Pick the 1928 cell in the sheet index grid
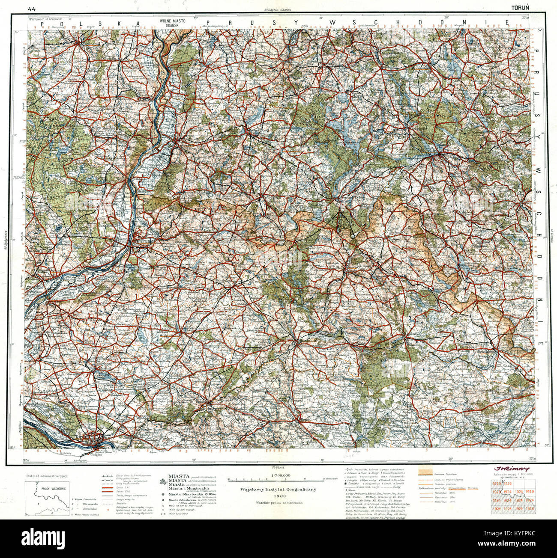[x=530, y=508]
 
